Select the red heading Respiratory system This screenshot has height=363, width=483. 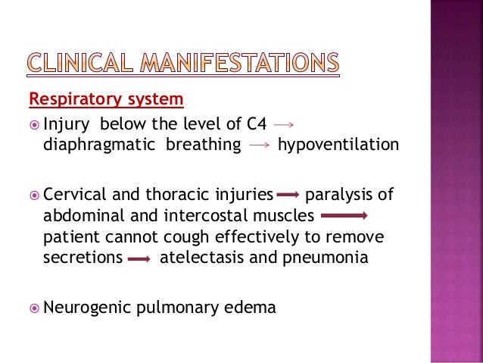coord(106,99)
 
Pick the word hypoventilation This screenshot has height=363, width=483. coord(338,145)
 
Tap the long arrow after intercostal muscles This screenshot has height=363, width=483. coord(343,216)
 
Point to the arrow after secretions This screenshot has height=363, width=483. coord(139,258)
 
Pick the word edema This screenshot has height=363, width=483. coord(251,307)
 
